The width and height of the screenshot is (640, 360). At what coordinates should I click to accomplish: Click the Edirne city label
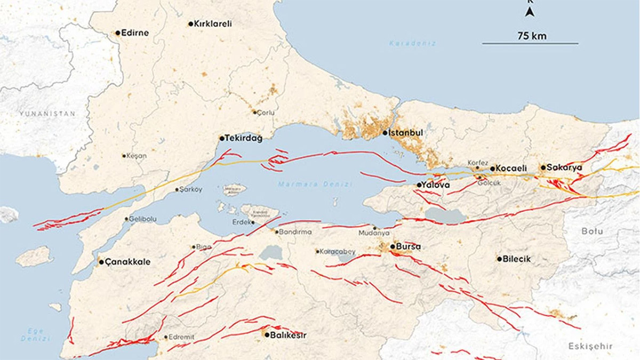(135, 33)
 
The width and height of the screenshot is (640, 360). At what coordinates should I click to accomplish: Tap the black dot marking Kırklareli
(190, 24)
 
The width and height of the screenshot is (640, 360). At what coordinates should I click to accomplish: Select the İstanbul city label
(407, 132)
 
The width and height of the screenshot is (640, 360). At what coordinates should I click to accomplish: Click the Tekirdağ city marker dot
(222, 138)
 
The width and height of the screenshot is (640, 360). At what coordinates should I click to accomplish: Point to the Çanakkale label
(127, 262)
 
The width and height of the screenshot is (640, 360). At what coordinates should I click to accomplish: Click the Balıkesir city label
(289, 335)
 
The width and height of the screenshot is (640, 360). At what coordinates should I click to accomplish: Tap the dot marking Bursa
(393, 246)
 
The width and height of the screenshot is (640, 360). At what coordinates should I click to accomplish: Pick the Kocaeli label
(511, 168)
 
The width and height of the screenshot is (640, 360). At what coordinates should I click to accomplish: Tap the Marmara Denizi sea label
(315, 184)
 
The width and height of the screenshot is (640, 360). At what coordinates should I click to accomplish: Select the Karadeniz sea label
(412, 43)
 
